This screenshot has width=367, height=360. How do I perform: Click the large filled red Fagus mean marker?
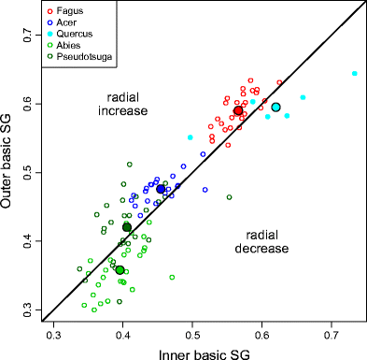coord(238,110)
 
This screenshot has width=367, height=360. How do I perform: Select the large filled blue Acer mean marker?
coord(161,189)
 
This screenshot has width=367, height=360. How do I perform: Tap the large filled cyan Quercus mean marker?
coord(275,108)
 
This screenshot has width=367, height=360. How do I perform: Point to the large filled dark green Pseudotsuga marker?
coord(127,227)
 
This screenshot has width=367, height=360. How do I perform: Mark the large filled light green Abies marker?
coord(120,269)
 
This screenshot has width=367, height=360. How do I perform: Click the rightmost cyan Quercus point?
coord(354,73)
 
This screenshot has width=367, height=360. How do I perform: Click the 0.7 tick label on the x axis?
coord(331,334)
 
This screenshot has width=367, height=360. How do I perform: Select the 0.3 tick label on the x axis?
coord(53,334)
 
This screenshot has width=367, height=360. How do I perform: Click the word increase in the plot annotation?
coord(122,112)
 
